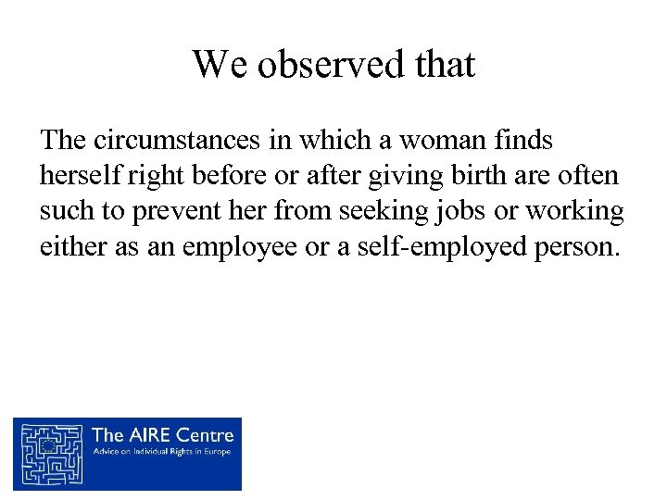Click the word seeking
point(382,212)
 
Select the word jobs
point(460,212)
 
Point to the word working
point(574,212)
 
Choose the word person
point(570,247)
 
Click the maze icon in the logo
point(52,454)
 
